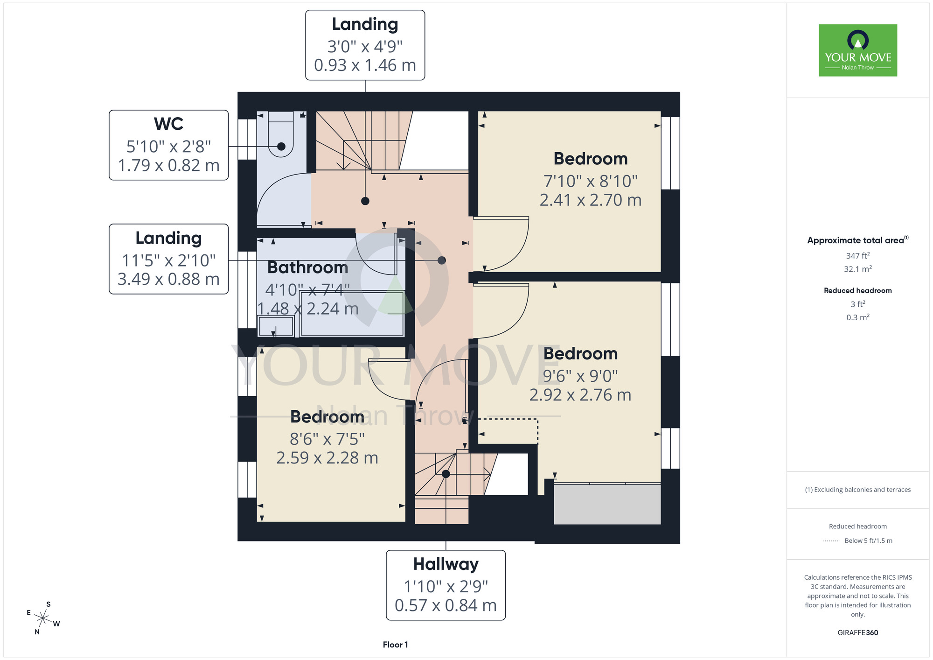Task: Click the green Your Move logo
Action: point(858,50)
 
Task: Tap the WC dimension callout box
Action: point(169,145)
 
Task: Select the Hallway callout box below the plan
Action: point(446,585)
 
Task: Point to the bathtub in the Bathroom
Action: point(352,313)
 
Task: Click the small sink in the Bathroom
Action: point(276,326)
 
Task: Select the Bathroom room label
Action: point(308,267)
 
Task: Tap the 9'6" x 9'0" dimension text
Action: point(580,376)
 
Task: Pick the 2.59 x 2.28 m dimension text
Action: point(327,458)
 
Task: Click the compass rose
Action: point(43,618)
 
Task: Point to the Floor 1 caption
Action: point(396,645)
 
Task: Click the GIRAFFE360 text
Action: point(858,633)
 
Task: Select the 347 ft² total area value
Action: point(858,256)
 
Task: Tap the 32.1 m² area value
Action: point(858,269)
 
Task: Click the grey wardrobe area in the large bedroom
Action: point(607,504)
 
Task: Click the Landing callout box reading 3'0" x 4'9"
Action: point(365,45)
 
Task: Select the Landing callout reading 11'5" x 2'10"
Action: point(169,259)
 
